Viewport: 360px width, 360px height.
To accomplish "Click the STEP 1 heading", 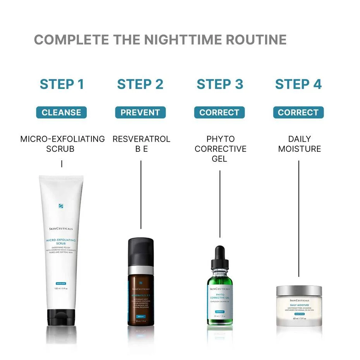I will pyautogui.click(x=62, y=84).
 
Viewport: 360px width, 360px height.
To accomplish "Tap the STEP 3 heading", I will pyautogui.click(x=220, y=84).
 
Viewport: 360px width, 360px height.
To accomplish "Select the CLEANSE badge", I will pyautogui.click(x=62, y=113).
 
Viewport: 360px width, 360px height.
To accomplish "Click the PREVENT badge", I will pyautogui.click(x=140, y=113).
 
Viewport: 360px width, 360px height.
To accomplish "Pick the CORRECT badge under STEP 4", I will pyautogui.click(x=298, y=113).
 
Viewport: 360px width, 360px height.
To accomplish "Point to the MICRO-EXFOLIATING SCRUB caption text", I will pyautogui.click(x=62, y=144).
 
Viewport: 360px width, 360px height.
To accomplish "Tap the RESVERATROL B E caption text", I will pyautogui.click(x=141, y=144).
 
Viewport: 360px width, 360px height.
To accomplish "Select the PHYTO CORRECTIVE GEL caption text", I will pyautogui.click(x=220, y=149).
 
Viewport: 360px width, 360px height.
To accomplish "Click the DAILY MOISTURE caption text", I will pyautogui.click(x=299, y=144).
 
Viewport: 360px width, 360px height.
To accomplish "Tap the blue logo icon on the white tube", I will pyautogui.click(x=61, y=206).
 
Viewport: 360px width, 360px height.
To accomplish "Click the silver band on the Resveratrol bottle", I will pyautogui.click(x=141, y=270).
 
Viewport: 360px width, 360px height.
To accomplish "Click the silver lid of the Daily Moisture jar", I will pyautogui.click(x=299, y=291).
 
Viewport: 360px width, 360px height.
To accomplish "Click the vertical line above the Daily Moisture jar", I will pyautogui.click(x=299, y=219).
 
